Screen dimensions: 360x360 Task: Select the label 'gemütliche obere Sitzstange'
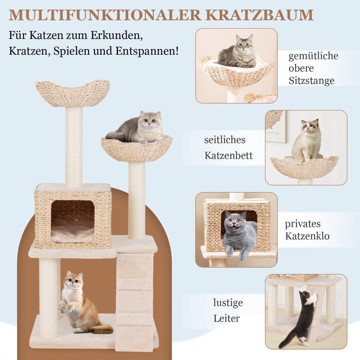pos(313,68)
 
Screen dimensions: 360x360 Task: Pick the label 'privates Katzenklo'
pos(307,230)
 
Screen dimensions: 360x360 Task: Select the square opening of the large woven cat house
pos(72,220)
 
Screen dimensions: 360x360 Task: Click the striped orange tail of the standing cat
pos(101,329)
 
